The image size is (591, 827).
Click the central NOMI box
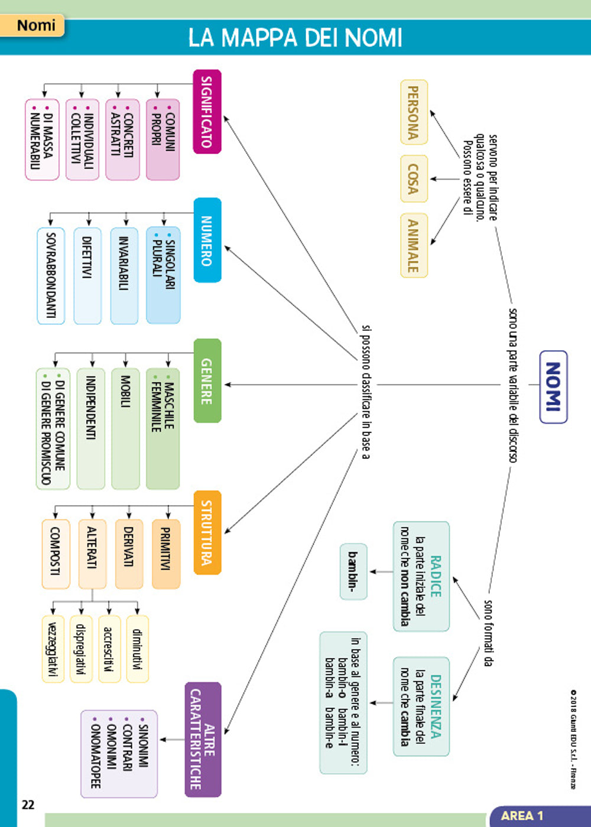pos(553,387)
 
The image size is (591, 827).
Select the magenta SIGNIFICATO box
pos(207,112)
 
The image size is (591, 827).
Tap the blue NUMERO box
pos(207,240)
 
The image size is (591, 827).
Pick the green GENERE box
pos(207,380)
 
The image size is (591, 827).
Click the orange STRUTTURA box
pos(207,532)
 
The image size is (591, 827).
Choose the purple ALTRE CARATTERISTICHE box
pos(203,739)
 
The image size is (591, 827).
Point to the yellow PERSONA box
pos(414,112)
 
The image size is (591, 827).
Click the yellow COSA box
pos(414,178)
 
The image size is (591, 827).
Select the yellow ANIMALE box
pos(414,245)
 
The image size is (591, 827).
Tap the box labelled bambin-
pos(353,571)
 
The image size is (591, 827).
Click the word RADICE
pos(436,576)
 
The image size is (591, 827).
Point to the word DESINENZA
pos(436,706)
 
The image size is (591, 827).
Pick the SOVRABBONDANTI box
pos(51,275)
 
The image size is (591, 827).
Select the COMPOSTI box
pos(56,553)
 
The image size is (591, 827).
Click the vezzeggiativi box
pos(53,649)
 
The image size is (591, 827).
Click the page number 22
pos(28,804)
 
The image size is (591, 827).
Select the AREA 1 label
pos(522,816)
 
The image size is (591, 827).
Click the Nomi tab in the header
pos(35,25)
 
